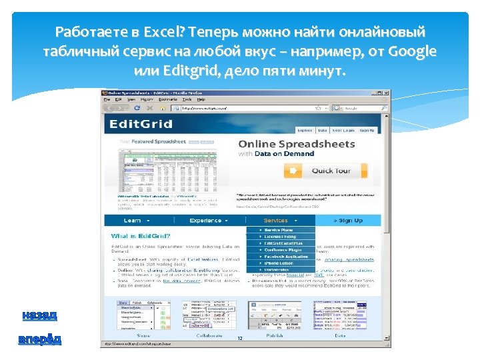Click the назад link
(39, 315)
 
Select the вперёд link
(40, 339)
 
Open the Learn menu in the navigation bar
(135, 220)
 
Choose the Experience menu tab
(207, 220)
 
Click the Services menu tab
(278, 220)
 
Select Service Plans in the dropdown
(280, 230)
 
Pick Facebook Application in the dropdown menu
(285, 256)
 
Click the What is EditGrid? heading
(141, 236)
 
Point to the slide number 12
(239, 339)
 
